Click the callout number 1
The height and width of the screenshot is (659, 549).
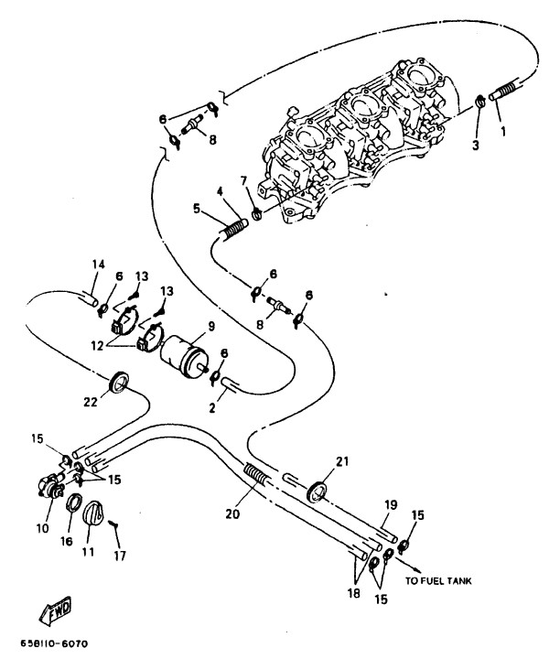[501, 129]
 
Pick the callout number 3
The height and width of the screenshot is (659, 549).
[476, 145]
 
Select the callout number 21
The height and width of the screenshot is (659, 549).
[343, 462]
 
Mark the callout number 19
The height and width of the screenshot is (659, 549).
[390, 504]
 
